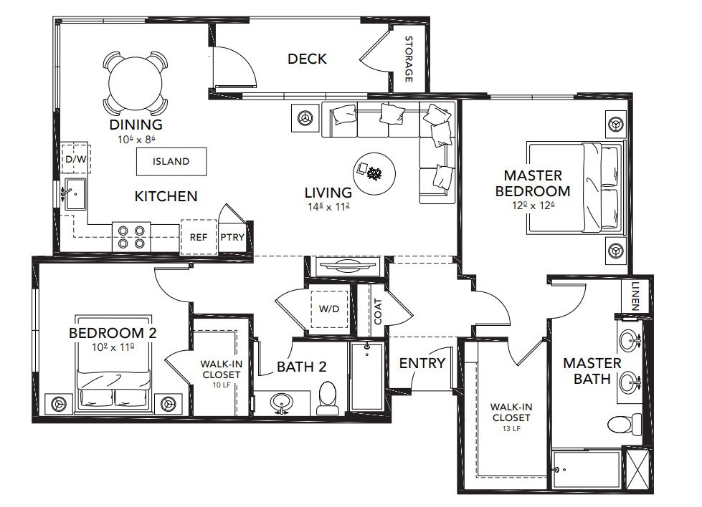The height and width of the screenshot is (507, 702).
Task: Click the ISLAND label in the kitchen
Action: [171, 161]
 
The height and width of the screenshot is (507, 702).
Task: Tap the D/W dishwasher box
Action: [76, 158]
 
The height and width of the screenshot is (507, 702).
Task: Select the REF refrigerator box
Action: [199, 237]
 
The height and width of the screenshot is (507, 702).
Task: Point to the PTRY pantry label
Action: [232, 237]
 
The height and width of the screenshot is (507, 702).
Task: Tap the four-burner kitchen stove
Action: [131, 237]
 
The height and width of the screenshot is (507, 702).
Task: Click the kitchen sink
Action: [75, 193]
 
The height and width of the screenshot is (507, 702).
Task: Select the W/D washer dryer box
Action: [330, 309]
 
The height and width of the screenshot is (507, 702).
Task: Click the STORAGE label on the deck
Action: [409, 59]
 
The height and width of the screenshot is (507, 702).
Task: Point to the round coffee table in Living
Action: [374, 173]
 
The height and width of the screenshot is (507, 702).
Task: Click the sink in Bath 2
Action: [281, 403]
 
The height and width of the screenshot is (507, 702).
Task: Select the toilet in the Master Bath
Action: [625, 423]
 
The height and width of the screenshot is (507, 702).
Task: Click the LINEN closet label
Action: [635, 296]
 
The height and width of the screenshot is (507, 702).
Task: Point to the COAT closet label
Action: [378, 312]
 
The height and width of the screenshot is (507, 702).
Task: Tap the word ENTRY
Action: [422, 363]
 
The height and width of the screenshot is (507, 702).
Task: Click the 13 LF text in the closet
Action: [511, 429]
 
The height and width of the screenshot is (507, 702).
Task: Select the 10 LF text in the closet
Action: [221, 385]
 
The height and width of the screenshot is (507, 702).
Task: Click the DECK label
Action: [307, 59]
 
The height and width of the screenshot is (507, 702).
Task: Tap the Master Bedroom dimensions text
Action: [533, 206]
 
